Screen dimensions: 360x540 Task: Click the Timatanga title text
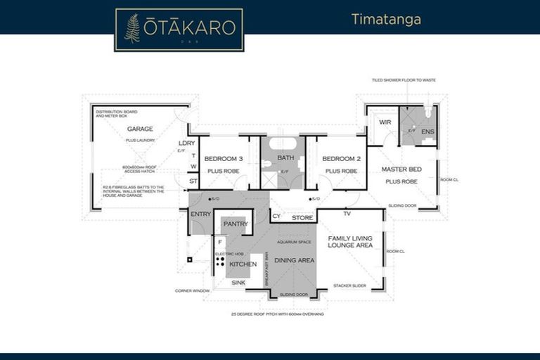click(386, 19)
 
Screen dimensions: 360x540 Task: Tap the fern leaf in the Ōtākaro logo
click(131, 28)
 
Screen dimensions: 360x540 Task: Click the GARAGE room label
click(140, 129)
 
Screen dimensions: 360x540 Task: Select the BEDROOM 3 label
click(224, 159)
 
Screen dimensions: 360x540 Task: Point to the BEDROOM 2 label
click(342, 159)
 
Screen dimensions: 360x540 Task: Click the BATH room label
click(285, 158)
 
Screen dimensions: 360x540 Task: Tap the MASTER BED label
click(401, 169)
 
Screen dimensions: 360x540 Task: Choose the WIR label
click(384, 122)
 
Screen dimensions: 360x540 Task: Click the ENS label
click(427, 131)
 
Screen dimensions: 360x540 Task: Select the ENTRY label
click(200, 214)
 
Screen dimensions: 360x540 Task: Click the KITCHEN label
click(243, 264)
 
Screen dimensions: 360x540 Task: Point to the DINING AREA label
click(294, 260)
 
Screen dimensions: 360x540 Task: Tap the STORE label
click(302, 218)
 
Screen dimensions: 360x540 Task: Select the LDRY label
click(186, 143)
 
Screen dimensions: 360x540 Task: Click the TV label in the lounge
click(347, 213)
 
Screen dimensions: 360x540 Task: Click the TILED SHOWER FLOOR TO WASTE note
click(404, 80)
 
